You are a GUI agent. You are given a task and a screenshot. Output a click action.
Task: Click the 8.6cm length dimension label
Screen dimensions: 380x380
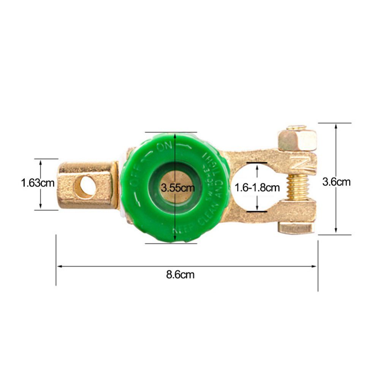coord(180,275)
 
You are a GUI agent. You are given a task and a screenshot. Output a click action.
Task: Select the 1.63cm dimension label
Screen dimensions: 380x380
coord(38,183)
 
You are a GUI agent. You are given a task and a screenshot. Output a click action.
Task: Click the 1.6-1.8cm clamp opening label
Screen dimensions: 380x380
coord(257,187)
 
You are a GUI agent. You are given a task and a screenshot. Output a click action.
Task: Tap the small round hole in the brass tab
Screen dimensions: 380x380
coord(85,186)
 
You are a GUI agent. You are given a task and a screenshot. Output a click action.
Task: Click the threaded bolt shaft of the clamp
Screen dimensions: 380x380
coord(298,187)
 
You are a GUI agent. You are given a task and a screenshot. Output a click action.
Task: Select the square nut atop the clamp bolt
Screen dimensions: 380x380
coord(297,140)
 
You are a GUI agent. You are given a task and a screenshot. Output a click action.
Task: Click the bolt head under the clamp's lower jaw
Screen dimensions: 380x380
coord(296,228)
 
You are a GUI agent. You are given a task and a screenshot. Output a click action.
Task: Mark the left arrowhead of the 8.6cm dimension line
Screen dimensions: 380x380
coord(59,266)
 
